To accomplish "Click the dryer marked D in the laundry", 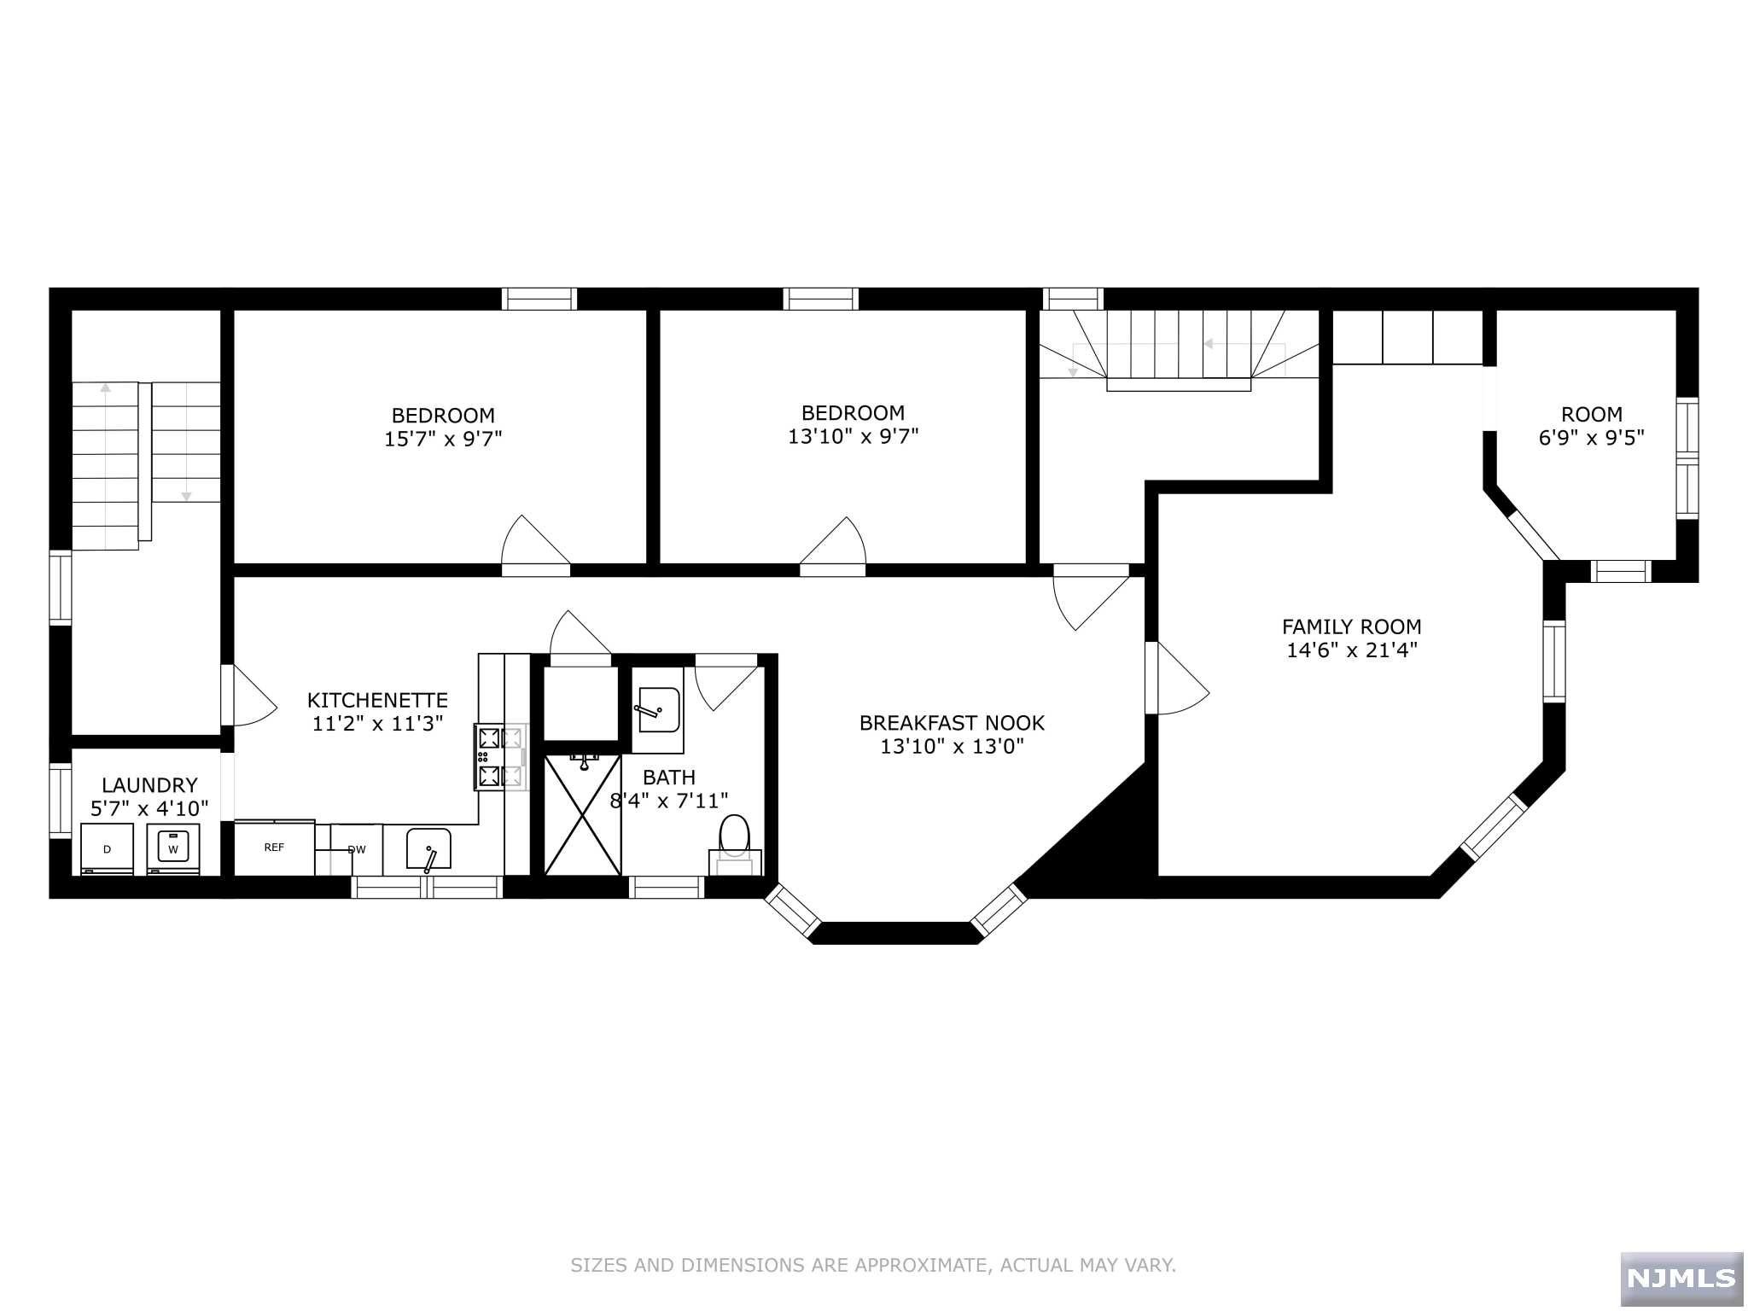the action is [x=108, y=848].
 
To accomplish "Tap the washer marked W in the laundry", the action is [x=173, y=848].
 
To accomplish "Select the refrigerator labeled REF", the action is [x=274, y=848].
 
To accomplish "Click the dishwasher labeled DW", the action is [x=357, y=849].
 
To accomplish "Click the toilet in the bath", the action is [x=735, y=844].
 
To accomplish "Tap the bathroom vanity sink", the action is [x=657, y=710].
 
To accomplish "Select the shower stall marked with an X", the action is [x=583, y=814].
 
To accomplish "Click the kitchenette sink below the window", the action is [x=428, y=849].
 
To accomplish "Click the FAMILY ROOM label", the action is [x=1352, y=626].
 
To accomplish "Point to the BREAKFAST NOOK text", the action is [x=952, y=723].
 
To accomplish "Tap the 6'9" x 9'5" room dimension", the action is [x=1592, y=438].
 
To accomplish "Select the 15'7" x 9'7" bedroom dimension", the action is [x=443, y=439].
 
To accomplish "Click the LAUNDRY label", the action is [x=149, y=785].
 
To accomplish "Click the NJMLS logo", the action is [x=1681, y=1277].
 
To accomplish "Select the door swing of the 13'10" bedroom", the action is [x=833, y=541].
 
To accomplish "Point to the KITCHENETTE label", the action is [x=377, y=700].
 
